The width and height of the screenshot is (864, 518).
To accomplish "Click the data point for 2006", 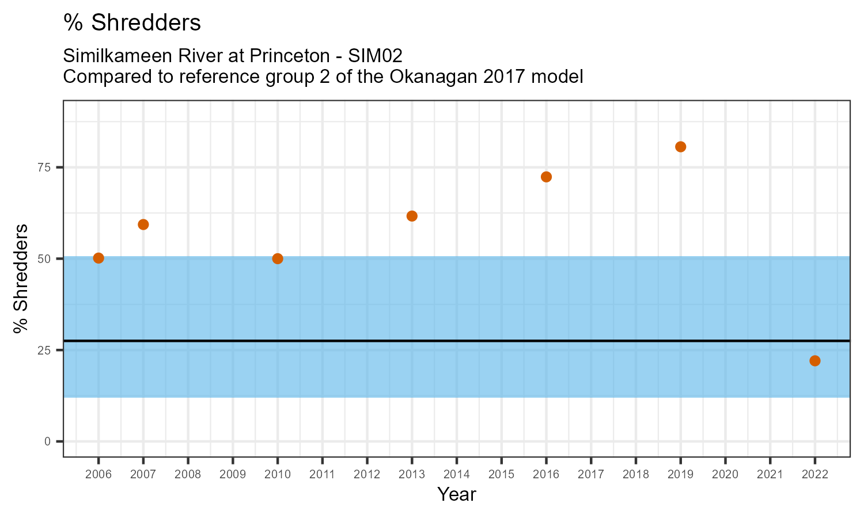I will [98, 258].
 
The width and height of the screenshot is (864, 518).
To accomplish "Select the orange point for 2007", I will [143, 224].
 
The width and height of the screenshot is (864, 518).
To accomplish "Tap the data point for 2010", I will [278, 258].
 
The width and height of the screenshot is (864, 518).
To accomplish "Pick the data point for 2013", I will [412, 216].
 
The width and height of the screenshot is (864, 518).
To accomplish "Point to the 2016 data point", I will [546, 177].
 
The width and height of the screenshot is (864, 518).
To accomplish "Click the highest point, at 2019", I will [680, 147].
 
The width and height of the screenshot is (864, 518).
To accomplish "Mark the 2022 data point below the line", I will [814, 361].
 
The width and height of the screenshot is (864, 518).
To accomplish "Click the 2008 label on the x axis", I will [188, 475].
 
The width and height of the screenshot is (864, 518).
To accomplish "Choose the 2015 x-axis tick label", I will [501, 475].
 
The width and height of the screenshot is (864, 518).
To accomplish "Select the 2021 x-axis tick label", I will [770, 475].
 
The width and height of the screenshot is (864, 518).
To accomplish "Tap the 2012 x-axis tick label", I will [367, 475].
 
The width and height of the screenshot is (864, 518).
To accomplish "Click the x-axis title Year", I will [456, 494].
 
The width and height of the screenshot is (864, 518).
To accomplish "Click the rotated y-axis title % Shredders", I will [21, 279].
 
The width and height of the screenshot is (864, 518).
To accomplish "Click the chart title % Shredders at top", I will [132, 23].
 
